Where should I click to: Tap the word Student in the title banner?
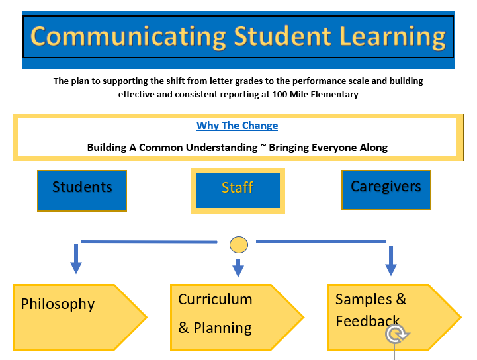point(282,36)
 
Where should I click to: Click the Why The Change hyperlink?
point(237,125)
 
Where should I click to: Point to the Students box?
point(82,191)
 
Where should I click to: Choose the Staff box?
point(238,191)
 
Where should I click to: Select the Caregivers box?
point(386,190)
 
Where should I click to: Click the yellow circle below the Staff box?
point(238,245)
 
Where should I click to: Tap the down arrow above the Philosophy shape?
point(76,259)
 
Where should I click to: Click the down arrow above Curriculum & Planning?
point(238,268)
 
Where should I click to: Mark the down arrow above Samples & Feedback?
point(391,261)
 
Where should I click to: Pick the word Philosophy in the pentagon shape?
point(58,304)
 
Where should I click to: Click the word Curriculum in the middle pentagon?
point(215,299)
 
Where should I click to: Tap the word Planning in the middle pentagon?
point(223,328)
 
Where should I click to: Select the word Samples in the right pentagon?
point(363,299)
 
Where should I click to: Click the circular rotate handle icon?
point(396,334)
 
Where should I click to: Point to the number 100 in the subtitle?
point(280,95)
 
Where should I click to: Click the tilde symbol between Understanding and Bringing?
point(263,146)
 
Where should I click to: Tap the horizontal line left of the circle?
point(149,242)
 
